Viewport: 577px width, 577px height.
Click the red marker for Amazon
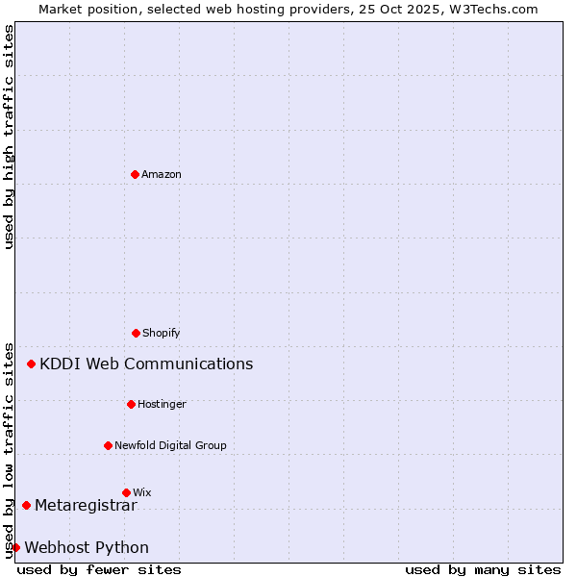click(135, 174)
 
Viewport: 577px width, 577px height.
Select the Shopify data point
click(136, 333)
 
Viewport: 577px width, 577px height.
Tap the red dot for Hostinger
click(131, 404)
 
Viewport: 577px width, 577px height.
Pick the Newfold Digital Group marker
click(108, 445)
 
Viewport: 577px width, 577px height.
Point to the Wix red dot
click(126, 492)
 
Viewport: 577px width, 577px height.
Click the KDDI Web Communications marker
click(32, 364)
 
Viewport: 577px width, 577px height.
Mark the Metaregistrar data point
click(26, 505)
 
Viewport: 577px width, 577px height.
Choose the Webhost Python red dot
click(15, 547)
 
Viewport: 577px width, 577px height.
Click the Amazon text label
click(162, 175)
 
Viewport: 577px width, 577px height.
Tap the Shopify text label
click(162, 334)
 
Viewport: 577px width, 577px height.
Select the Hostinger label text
click(162, 405)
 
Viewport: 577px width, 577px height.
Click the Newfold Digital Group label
click(170, 446)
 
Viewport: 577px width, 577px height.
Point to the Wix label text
click(142, 493)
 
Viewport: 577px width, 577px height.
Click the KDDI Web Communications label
click(146, 364)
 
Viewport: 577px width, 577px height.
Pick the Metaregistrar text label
click(86, 506)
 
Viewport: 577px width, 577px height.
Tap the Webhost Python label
click(87, 548)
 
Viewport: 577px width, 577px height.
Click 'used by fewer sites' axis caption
click(99, 570)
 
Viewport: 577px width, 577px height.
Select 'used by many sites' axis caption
click(483, 570)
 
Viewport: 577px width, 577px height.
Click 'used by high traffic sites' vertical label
click(9, 138)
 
